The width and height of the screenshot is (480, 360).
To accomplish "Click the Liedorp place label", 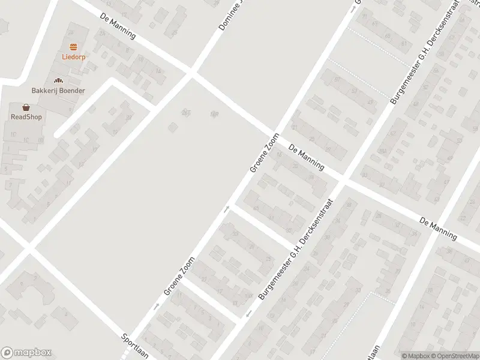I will tap(73, 58).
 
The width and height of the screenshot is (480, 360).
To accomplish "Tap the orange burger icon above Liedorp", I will tap(73, 47).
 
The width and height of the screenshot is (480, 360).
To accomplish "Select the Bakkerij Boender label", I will tap(58, 91).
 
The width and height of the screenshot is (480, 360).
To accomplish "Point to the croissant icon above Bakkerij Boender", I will tap(58, 80).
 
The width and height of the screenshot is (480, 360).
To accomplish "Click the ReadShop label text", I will tap(26, 117).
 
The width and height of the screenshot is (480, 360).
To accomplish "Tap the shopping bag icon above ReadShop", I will tap(26, 107).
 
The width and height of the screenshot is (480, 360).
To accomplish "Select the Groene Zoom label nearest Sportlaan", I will tap(179, 277).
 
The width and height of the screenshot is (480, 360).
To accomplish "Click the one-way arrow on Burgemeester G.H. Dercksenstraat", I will tap(248, 314).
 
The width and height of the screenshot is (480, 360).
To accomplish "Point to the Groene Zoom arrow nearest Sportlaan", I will tap(156, 306).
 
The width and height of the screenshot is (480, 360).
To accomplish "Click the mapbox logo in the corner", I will tap(26, 353).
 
